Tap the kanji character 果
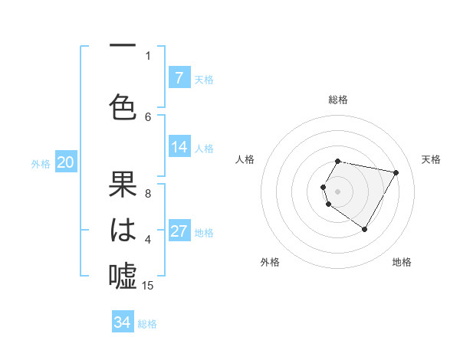[x=123, y=187]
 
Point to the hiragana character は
[x=123, y=230]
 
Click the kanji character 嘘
[x=123, y=274]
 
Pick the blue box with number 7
[x=179, y=78]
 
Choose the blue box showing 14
[x=179, y=148]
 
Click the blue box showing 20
[x=65, y=162]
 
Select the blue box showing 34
[x=123, y=322]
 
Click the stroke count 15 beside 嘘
[x=148, y=286]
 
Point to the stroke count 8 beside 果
[x=148, y=194]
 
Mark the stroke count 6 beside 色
[x=148, y=116]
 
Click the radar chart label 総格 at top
[x=338, y=100]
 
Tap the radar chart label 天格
[x=432, y=159]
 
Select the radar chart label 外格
[x=270, y=262]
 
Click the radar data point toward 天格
[x=396, y=172]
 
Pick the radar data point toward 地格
[x=364, y=229]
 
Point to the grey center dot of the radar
[x=338, y=191]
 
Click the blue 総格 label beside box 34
[x=147, y=324]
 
